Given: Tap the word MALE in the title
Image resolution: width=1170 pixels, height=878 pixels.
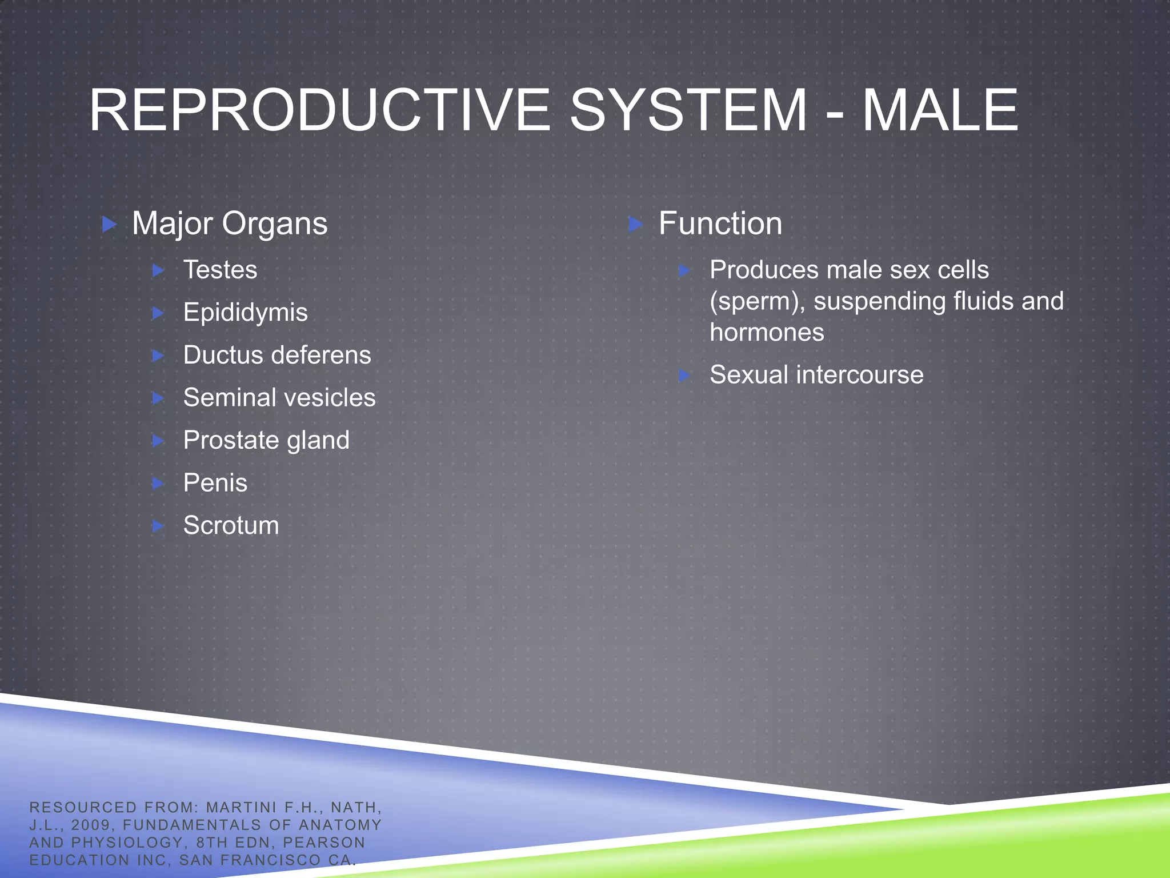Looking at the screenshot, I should pos(940,110).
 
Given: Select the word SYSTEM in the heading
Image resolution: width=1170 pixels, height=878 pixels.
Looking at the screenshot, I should pos(688,110).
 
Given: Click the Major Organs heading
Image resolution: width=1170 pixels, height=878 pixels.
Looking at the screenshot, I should pos(230,224).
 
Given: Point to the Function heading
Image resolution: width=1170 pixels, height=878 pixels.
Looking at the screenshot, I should pos(720,224).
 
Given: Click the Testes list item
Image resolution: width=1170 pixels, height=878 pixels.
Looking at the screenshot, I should pos(220,270).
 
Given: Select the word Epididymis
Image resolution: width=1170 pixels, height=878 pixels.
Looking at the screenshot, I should pos(245,313).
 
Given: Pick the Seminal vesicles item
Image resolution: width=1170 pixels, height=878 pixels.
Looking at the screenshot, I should pos(279,398).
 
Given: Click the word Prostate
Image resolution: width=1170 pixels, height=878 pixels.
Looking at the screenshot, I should pos(230,440).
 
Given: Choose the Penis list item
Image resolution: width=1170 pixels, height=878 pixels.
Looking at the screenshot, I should pos(215,483).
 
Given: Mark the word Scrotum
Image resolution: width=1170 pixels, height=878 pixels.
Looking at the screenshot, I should pos(231,525).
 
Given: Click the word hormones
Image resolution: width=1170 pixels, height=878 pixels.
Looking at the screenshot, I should pos(767,333).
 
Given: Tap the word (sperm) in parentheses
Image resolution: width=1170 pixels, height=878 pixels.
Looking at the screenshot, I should pos(757,302).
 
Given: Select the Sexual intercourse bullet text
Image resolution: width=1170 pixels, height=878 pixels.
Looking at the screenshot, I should pos(816,376).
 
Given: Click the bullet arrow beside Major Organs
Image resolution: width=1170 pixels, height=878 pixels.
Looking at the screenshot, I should pos(109,224).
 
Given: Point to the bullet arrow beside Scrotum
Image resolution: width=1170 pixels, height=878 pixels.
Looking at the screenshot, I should pos(158,526).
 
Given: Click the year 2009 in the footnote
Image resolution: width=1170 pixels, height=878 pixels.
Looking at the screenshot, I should pos(90,825).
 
